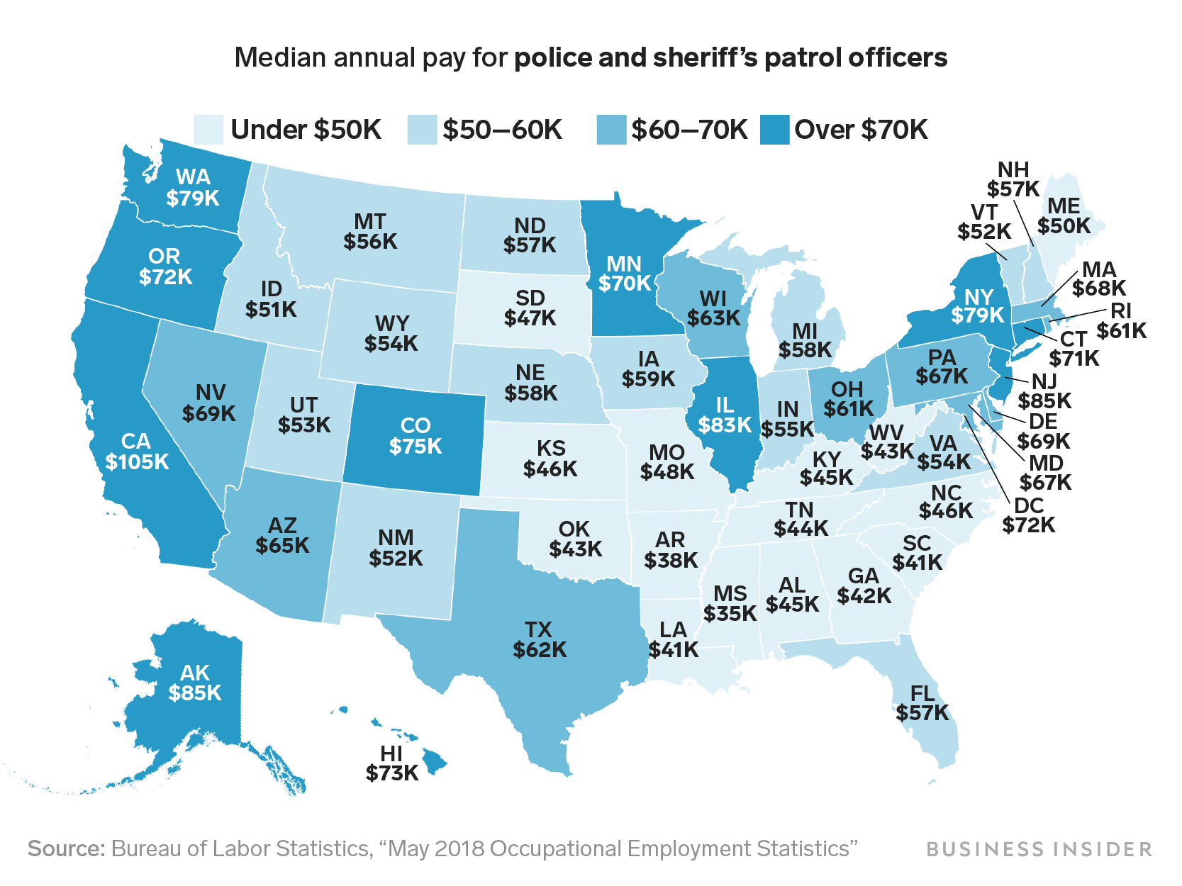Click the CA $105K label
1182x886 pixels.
tap(137, 452)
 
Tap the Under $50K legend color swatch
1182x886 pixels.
tap(208, 130)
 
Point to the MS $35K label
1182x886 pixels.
tap(730, 603)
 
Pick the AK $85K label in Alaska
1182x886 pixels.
tap(195, 683)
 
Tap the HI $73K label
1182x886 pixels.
tap(392, 763)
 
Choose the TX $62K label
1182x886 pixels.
tap(540, 639)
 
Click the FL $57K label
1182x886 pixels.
tap(922, 702)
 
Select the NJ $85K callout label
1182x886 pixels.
tap(1044, 392)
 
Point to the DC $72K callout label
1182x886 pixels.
tap(1029, 515)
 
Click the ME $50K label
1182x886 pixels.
tap(1064, 215)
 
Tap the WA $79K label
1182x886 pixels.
tap(193, 187)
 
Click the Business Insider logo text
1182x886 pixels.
tap(1039, 848)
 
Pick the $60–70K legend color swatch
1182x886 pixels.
tap(611, 130)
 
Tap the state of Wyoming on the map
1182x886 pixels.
tap(391, 333)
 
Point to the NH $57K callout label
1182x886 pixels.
tap(1013, 179)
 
